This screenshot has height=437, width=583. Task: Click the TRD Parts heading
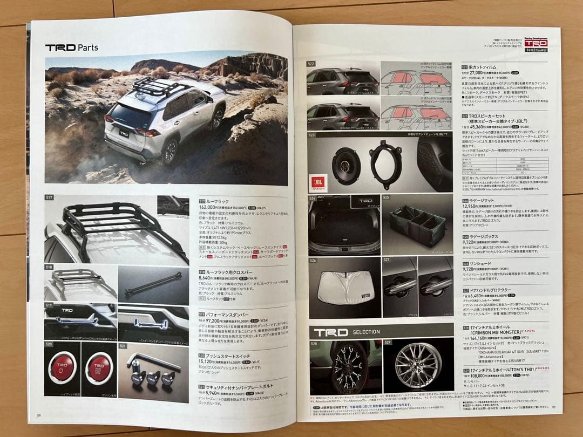tap(71, 47)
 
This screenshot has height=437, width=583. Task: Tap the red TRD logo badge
tap(535, 43)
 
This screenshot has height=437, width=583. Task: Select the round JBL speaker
tap(346, 167)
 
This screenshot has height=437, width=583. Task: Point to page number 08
tap(39, 415)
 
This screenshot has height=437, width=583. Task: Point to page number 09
tap(546, 414)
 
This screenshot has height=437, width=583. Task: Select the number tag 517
tap(49, 198)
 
